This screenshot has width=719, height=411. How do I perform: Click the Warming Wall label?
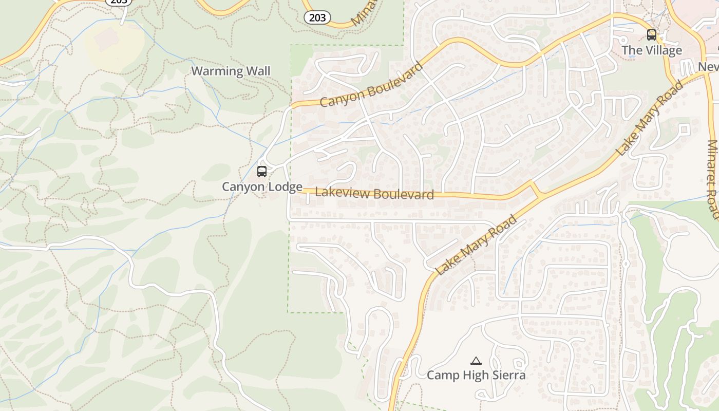[231, 71]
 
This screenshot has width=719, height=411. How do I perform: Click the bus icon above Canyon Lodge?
[262, 172]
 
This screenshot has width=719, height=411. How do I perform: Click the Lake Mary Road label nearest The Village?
[650, 118]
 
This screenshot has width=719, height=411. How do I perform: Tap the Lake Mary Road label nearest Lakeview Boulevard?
[476, 245]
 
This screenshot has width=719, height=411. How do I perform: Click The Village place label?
[652, 50]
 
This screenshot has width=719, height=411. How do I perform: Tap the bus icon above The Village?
[652, 35]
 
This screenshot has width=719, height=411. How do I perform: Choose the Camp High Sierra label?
[476, 376]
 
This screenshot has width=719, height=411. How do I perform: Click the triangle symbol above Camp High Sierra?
[476, 361]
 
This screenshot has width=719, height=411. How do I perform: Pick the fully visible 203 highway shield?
[317, 17]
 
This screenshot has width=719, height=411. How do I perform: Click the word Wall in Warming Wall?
[258, 71]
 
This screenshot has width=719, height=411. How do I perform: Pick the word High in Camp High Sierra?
[473, 376]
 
